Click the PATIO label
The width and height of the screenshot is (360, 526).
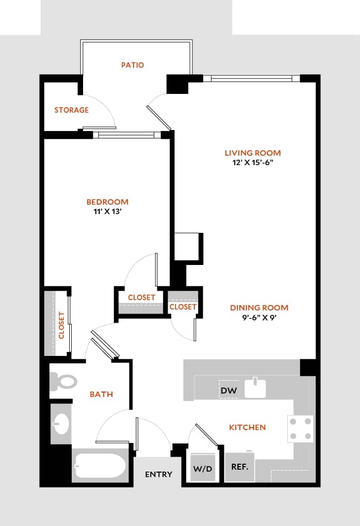point(133,65)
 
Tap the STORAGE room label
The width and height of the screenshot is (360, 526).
point(71,110)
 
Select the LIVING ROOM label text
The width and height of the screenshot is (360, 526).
point(252,153)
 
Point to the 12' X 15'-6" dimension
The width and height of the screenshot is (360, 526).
point(252,163)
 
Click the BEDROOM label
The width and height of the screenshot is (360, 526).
point(107,202)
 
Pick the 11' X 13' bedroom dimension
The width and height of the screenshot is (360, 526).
point(107,212)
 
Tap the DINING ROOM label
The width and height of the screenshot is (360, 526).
point(259,307)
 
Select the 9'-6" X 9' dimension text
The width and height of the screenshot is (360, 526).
point(259,318)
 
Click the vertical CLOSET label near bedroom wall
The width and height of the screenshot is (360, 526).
point(61,325)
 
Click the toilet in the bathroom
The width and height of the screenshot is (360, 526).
point(63,382)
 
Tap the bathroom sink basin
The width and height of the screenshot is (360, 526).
point(61,424)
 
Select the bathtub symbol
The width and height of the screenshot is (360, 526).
point(100,465)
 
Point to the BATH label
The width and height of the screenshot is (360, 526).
point(101,394)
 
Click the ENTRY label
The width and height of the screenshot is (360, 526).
point(158,474)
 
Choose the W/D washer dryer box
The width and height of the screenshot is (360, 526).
point(203,468)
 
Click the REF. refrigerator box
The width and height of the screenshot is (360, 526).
point(240,467)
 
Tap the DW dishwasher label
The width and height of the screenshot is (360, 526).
point(228,391)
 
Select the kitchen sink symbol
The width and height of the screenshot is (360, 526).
point(255,388)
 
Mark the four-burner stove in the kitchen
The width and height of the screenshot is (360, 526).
point(301,428)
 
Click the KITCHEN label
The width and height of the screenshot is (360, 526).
point(247,427)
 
